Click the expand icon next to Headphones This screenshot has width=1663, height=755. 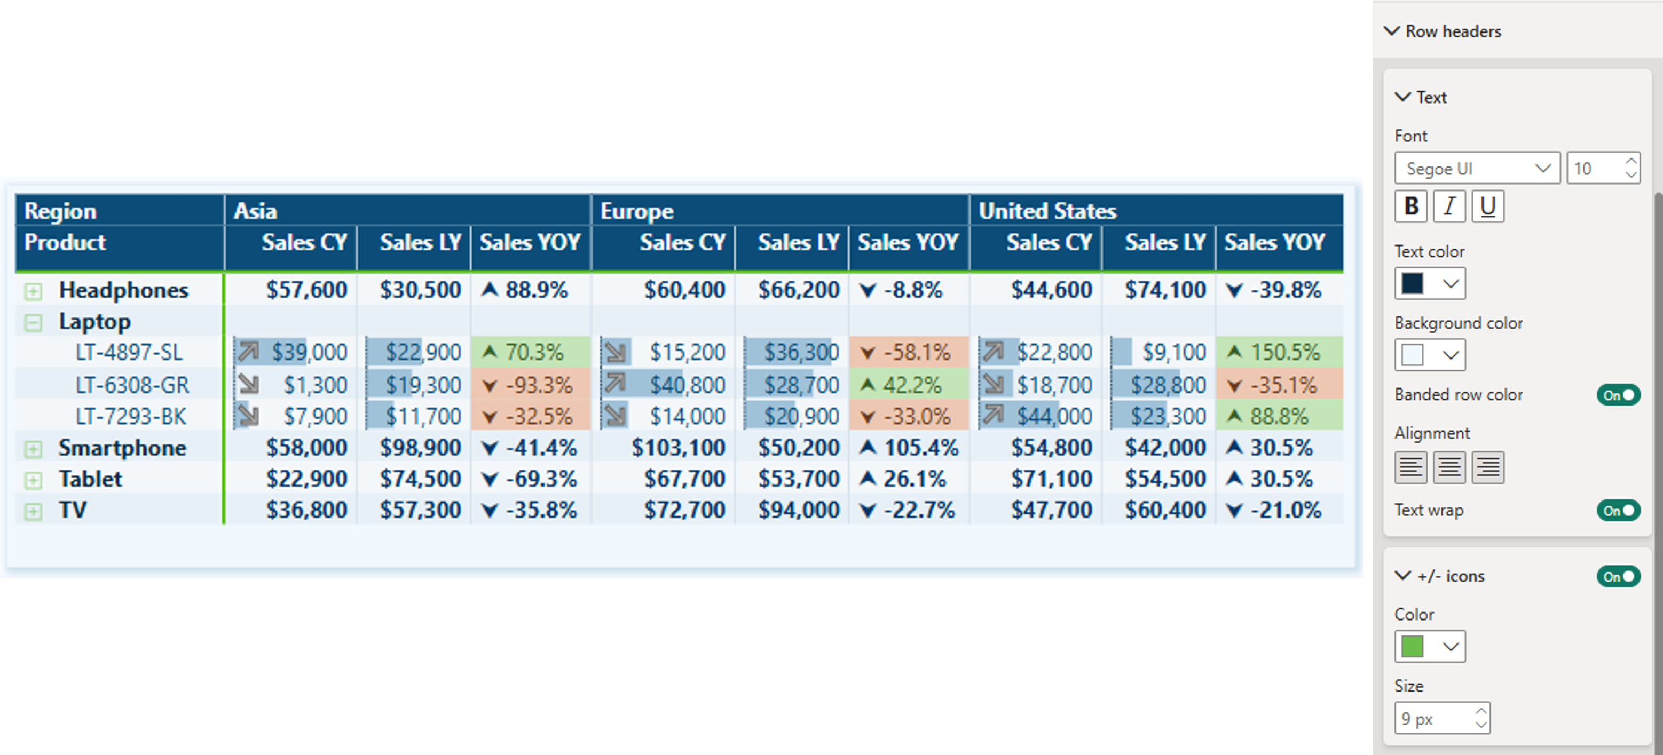pos(33,292)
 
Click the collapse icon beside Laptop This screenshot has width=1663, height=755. pos(33,323)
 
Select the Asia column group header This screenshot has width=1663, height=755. pos(256,211)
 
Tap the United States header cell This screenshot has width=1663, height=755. pos(1047,211)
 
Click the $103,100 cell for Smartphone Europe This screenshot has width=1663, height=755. pos(678,447)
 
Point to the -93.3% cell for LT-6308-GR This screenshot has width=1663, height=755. pos(531,385)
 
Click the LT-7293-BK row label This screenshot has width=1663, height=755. pos(131,417)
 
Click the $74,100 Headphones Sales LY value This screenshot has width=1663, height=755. pos(1165,290)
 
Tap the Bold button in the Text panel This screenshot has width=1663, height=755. pos(1410,206)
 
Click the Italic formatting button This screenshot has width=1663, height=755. pos(1449,206)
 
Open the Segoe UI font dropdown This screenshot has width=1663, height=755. pos(1477,169)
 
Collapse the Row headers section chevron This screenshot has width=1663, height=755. pos(1392,31)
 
